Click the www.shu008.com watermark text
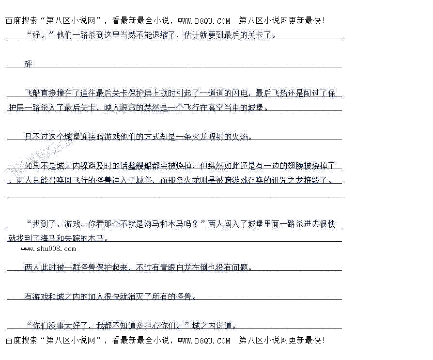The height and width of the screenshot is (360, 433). tap(48, 249)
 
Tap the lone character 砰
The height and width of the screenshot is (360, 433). tap(29, 64)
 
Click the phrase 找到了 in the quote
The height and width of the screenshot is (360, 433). tap(45, 224)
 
